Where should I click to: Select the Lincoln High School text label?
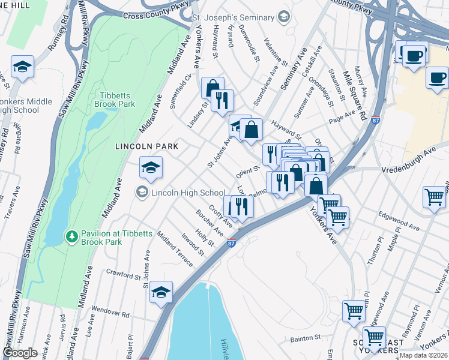[x=188, y=193]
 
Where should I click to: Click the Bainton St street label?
[x=306, y=340]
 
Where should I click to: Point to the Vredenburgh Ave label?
[x=414, y=160]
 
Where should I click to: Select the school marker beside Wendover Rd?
[x=161, y=292]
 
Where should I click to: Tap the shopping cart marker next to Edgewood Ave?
[x=433, y=196]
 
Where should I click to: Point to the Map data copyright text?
[x=423, y=355]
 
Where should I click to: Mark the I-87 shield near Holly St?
[x=232, y=242]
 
